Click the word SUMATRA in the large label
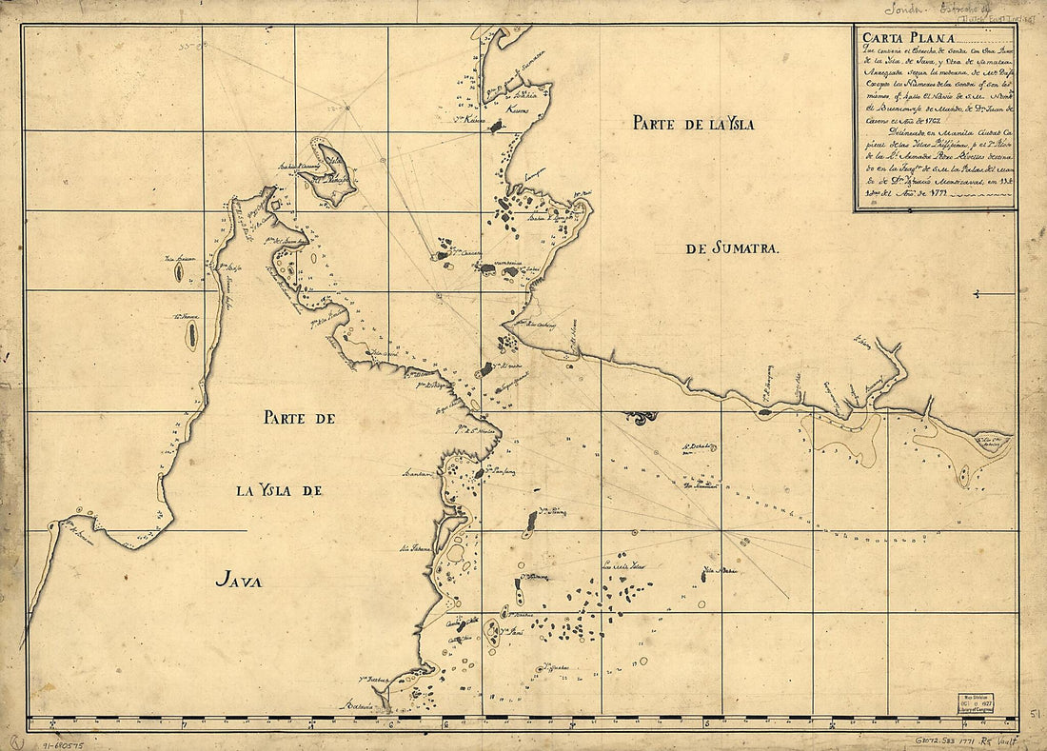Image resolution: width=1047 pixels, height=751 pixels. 747,249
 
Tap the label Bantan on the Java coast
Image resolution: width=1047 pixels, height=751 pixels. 418,472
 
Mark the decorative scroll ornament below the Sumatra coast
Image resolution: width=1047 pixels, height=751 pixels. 640,417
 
